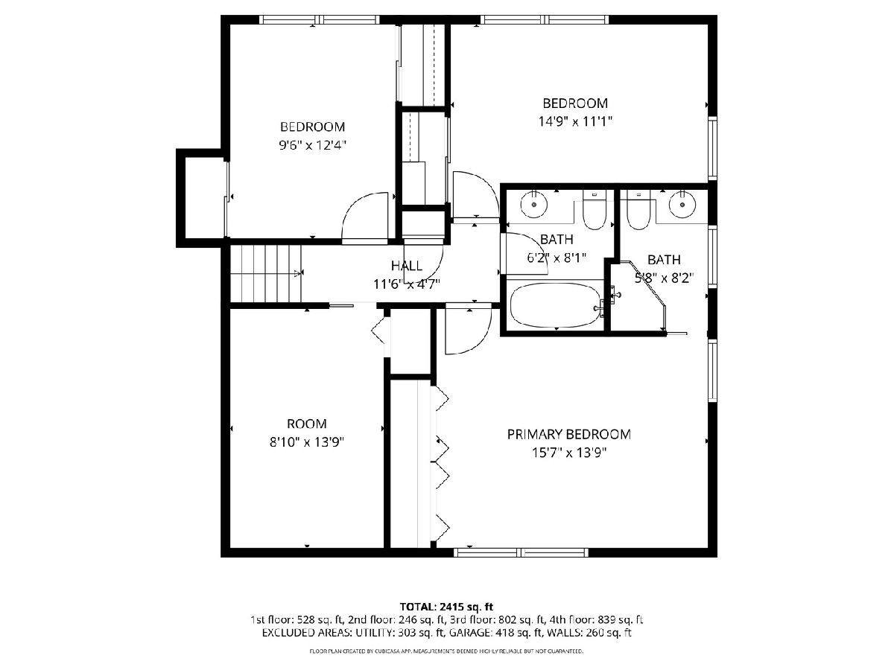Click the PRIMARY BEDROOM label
[x=568, y=435]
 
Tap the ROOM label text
[x=307, y=424]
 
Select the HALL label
[x=407, y=266]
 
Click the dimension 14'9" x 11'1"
[x=575, y=121]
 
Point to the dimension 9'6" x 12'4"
[x=312, y=145]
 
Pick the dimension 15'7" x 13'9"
[x=569, y=453]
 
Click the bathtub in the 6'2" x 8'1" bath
[x=555, y=304]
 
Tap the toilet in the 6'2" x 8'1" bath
[x=595, y=209]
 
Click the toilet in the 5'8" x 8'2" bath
[x=639, y=210]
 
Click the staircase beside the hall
[x=266, y=273]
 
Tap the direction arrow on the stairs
[x=299, y=273]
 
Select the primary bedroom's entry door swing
[x=469, y=328]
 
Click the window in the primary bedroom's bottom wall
[x=521, y=552]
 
